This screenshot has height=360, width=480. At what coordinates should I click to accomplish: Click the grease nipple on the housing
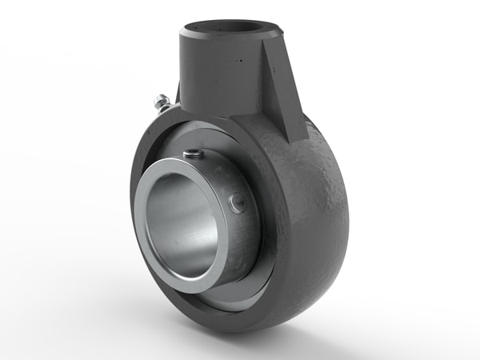coord(160,103)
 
